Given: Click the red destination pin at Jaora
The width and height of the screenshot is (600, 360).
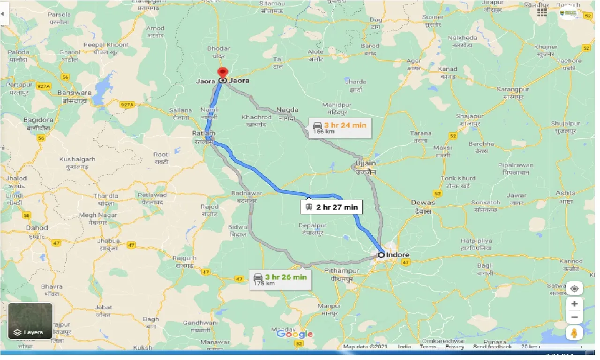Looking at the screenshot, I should pos(222,73).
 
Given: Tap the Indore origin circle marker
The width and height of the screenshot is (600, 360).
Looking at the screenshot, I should pos(381,255).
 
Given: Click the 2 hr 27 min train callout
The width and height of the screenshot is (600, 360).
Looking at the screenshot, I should pos(331,207).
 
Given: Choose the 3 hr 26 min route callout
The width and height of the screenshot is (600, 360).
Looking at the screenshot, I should pos(280,279).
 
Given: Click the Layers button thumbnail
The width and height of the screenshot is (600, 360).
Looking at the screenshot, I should pos(30,321).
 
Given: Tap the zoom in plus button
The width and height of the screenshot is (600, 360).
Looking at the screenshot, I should pos(574,304).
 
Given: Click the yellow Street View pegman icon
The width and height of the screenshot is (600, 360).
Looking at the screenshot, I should pos(574,333).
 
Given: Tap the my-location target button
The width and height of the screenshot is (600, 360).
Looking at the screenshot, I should pos(574,288).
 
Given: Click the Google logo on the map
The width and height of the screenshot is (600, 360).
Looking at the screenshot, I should pos(294,334).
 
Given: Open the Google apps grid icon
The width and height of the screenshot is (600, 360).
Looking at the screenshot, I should pos(542,13).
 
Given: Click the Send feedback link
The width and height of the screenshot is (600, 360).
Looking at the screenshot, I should pos(492,347).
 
